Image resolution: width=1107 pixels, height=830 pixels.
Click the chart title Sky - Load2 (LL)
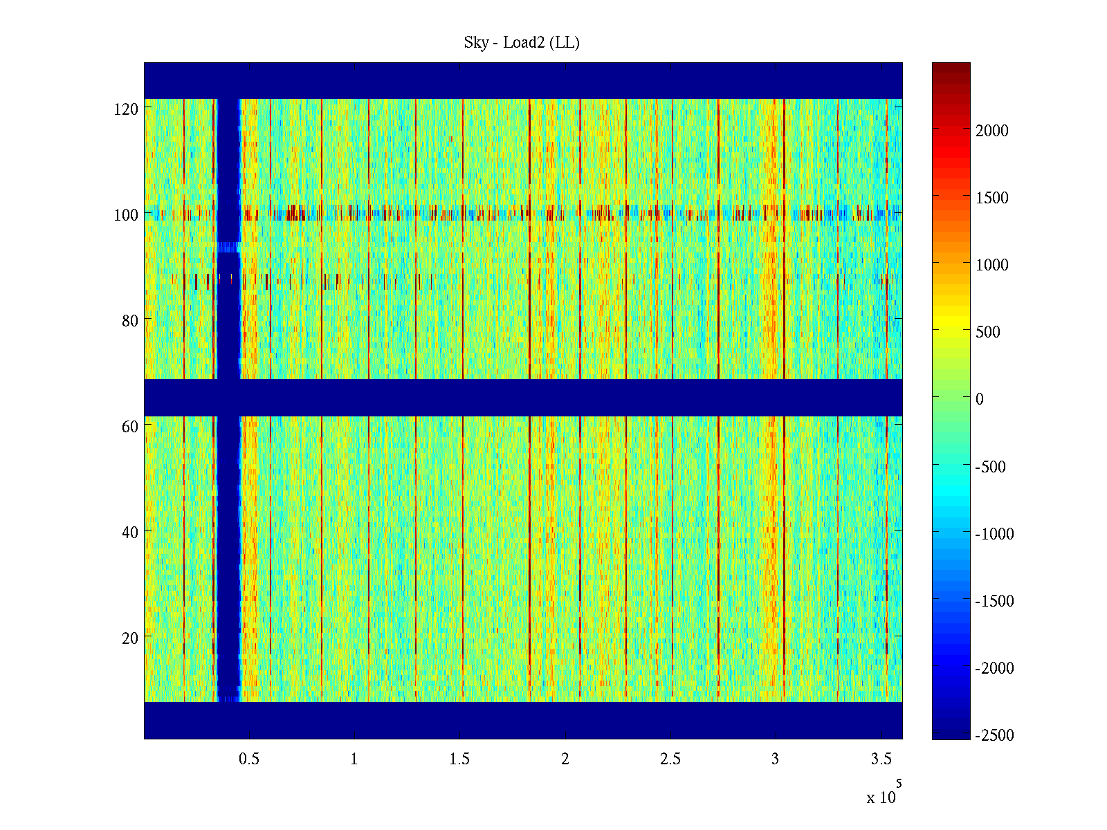pos(522,43)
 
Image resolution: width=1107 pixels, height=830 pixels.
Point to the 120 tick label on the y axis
pos(126,109)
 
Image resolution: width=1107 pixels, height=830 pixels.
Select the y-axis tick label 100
pos(126,215)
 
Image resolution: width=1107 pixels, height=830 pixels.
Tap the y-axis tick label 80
pos(130,321)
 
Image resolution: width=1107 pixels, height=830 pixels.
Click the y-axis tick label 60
pos(130,427)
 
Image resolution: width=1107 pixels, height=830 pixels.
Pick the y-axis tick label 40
pos(130,533)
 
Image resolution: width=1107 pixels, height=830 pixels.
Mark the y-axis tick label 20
pos(130,638)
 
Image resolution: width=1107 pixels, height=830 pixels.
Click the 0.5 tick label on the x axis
pos(249,759)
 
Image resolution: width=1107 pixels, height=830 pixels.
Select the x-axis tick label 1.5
pos(459,759)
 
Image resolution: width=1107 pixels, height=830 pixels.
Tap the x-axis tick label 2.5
pos(670,759)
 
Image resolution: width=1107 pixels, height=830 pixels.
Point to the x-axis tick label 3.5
pos(881,759)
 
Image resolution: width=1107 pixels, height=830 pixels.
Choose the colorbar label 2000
pos(992,131)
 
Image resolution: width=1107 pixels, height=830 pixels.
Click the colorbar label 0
pos(979,399)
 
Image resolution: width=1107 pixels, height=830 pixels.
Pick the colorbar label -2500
pos(995,735)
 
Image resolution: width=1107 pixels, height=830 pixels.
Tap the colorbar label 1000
pos(992,265)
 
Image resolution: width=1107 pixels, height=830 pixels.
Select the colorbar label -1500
pos(995,601)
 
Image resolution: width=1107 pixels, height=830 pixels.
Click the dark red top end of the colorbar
pos(951,66)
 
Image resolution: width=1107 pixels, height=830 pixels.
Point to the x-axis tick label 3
pos(775,759)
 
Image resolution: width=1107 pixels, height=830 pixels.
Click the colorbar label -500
pos(991,467)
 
